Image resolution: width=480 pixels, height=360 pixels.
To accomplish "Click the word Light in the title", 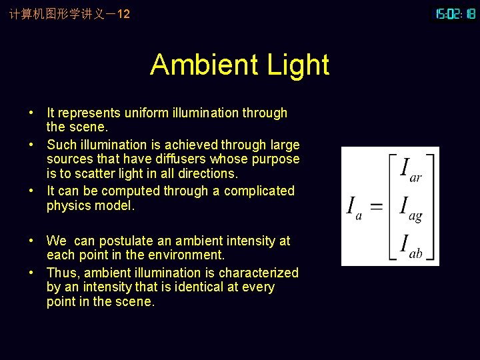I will coord(298,65).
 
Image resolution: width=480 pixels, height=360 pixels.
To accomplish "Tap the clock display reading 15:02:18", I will coord(455,13).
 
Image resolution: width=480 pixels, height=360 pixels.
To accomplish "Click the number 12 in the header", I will coord(123,13).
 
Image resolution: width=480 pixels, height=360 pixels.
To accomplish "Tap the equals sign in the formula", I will coord(377,205).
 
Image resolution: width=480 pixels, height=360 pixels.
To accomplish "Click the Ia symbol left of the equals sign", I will coord(354,207).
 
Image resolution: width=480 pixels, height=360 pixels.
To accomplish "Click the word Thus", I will coord(60,273).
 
